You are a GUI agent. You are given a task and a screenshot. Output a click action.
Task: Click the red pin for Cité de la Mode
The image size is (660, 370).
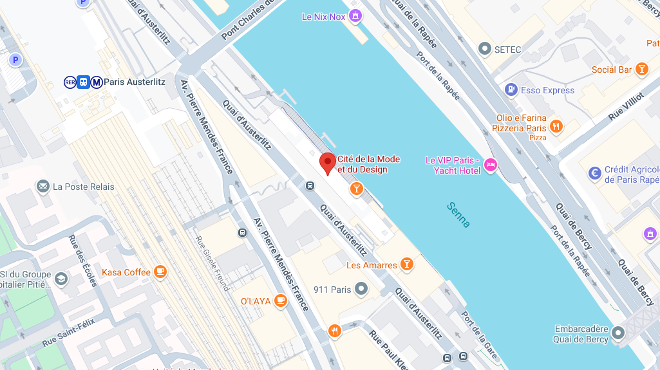328,162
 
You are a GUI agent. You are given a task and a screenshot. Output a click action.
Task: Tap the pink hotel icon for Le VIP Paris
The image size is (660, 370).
491,165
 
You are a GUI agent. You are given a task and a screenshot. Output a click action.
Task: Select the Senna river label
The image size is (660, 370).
458,215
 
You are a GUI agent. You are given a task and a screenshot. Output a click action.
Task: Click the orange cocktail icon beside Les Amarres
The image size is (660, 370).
406,264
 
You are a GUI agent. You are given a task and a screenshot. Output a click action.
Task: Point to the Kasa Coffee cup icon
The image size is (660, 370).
160,272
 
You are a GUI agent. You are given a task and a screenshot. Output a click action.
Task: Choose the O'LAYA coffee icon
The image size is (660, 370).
280,301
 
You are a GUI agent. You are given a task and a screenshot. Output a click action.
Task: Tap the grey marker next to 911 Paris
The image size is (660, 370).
361,289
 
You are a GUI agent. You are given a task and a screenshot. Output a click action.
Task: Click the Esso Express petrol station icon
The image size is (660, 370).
511,90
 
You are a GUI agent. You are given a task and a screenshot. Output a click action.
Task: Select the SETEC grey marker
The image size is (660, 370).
485,49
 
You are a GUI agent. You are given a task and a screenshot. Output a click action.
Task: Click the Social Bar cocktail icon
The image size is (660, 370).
641,69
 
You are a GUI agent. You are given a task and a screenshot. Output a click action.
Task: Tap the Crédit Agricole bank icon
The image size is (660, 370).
595,173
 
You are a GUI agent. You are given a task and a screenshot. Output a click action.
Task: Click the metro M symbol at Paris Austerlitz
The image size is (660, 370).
97,82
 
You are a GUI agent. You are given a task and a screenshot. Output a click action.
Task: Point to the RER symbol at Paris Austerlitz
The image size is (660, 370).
70,82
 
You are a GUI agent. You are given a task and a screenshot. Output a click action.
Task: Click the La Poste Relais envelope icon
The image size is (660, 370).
43,187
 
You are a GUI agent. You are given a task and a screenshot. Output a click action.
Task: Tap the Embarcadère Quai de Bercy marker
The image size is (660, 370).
618,333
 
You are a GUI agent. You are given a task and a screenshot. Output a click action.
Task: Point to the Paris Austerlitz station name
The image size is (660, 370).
135,82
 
